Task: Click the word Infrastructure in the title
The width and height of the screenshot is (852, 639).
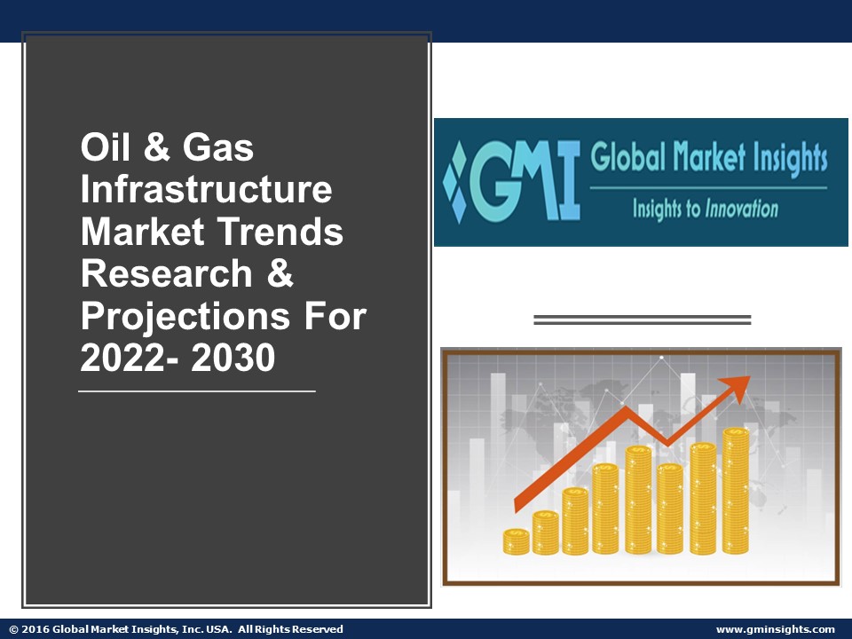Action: (206, 190)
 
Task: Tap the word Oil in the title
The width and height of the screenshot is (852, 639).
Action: (106, 147)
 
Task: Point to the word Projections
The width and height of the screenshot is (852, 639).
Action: (185, 317)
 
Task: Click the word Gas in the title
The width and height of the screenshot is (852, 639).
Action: (218, 147)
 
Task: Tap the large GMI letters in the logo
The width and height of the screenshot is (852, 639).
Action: (525, 180)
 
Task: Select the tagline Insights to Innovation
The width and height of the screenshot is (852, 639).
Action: (705, 209)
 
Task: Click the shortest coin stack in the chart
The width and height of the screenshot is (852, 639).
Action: (516, 541)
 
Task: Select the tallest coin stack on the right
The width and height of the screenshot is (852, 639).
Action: (735, 491)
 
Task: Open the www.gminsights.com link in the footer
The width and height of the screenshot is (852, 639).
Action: (775, 629)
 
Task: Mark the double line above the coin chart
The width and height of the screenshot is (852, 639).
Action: (642, 319)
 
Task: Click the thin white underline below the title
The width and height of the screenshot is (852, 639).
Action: (196, 390)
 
